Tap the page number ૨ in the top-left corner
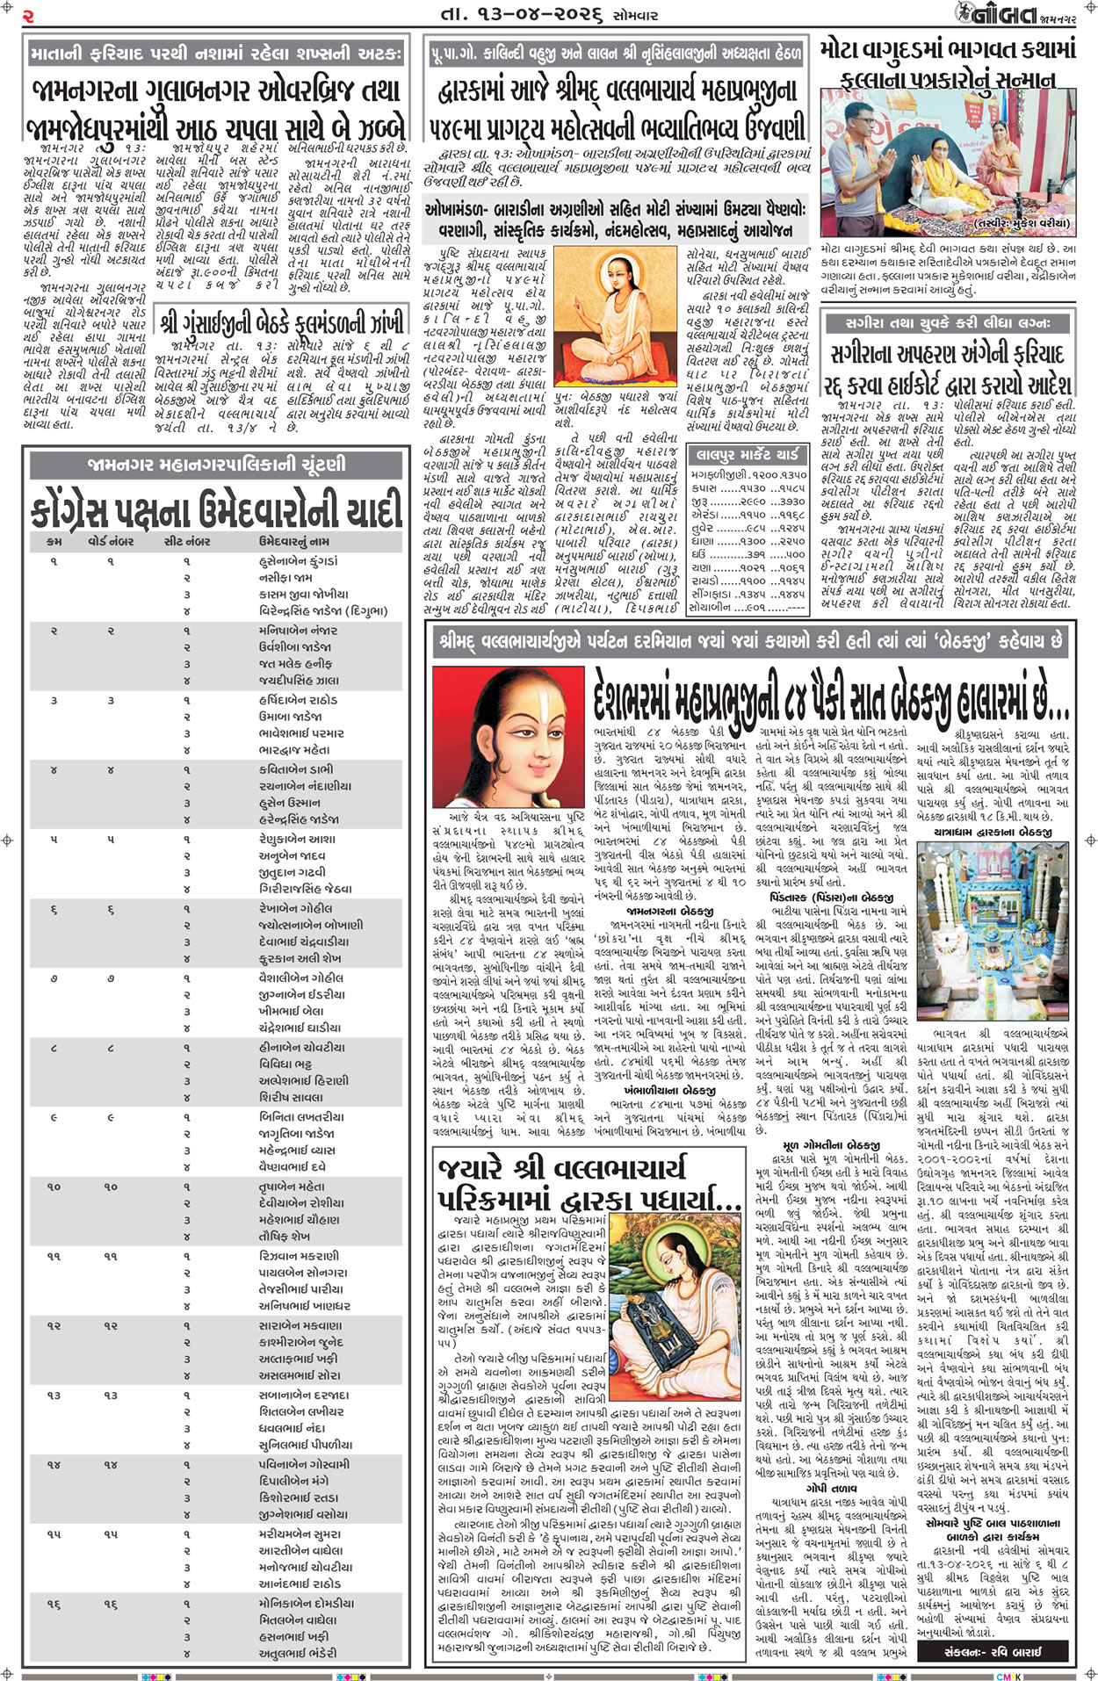(28, 16)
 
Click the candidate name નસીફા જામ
(285, 578)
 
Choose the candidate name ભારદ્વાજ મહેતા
(294, 750)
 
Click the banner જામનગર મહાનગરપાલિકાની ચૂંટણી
(216, 465)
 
